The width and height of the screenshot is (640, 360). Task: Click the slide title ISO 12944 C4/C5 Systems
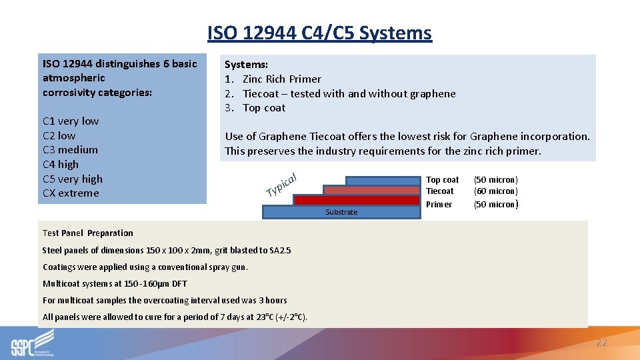319,33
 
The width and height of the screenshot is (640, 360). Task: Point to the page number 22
601,343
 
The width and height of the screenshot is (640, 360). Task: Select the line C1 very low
70,121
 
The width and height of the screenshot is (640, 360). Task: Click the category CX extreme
70,193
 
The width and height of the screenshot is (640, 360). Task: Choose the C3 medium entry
70,150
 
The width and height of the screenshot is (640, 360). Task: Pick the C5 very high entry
72,179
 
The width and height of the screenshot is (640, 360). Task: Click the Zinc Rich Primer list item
281,79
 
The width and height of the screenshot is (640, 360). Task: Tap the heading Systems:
246,65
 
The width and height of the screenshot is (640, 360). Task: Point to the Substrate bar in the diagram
341,212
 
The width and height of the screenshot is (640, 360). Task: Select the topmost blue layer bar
382,180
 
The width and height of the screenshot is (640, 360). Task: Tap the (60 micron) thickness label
495,191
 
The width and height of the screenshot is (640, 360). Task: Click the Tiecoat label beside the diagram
439,191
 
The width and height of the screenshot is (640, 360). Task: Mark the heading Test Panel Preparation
87,233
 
